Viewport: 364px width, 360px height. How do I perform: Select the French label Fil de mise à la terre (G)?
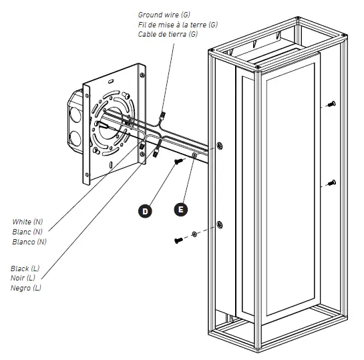(178, 24)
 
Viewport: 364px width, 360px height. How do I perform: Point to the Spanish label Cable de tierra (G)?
(168, 34)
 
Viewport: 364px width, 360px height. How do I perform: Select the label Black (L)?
(26, 268)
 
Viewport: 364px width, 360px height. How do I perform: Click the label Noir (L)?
(25, 278)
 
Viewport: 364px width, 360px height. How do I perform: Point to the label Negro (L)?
(27, 288)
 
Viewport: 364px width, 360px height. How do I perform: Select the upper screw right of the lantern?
(331, 104)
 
